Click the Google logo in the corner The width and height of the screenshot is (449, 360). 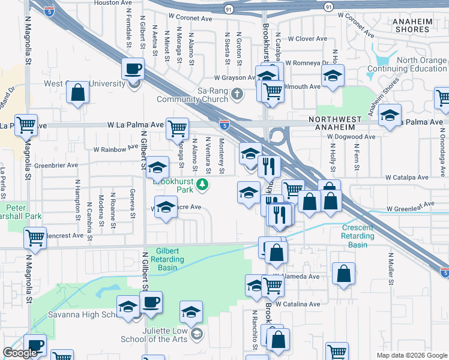point(20,353)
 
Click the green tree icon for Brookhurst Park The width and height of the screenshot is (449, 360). point(204,184)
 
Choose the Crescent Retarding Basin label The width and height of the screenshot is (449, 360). point(358,232)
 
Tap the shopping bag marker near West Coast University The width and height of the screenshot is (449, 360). point(77,93)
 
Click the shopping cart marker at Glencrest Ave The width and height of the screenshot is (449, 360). point(35,238)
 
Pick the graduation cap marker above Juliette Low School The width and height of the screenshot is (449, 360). point(191,313)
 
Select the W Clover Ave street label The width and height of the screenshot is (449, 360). point(307,39)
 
